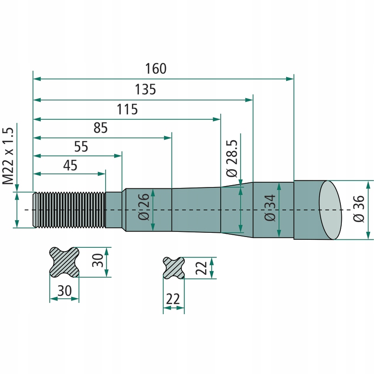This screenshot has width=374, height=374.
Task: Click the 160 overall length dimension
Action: click(156, 69)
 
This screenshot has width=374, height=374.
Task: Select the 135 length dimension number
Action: click(145, 89)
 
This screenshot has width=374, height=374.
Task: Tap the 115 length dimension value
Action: click(127, 109)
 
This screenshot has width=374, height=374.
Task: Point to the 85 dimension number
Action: click(101, 128)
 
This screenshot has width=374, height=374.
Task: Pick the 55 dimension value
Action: click(81, 146)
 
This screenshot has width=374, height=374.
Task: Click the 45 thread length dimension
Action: click(70, 165)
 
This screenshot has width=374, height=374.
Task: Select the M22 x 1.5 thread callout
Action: click(8, 156)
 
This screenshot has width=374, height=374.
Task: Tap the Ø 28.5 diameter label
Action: click(232, 158)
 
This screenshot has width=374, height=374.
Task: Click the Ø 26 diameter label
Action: click(144, 207)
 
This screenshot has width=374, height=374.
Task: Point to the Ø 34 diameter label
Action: click(270, 208)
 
